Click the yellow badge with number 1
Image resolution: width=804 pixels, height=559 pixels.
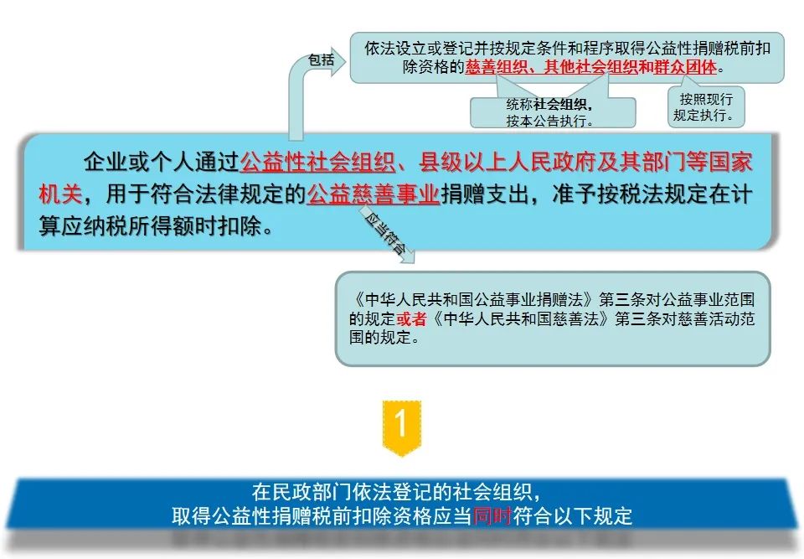(x=401, y=427)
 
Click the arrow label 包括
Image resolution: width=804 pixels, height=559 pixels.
(x=321, y=60)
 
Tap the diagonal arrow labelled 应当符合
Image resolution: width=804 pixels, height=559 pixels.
(x=387, y=234)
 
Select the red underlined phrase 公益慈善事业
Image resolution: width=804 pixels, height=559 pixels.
(x=374, y=194)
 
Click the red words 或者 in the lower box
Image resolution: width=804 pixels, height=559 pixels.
(x=411, y=318)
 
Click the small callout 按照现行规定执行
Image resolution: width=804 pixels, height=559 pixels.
(x=705, y=106)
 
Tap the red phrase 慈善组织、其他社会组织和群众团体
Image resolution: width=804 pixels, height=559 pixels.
(x=590, y=67)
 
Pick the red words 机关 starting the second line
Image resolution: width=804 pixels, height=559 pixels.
(x=60, y=194)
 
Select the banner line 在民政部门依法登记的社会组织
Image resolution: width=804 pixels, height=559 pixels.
(x=395, y=492)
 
